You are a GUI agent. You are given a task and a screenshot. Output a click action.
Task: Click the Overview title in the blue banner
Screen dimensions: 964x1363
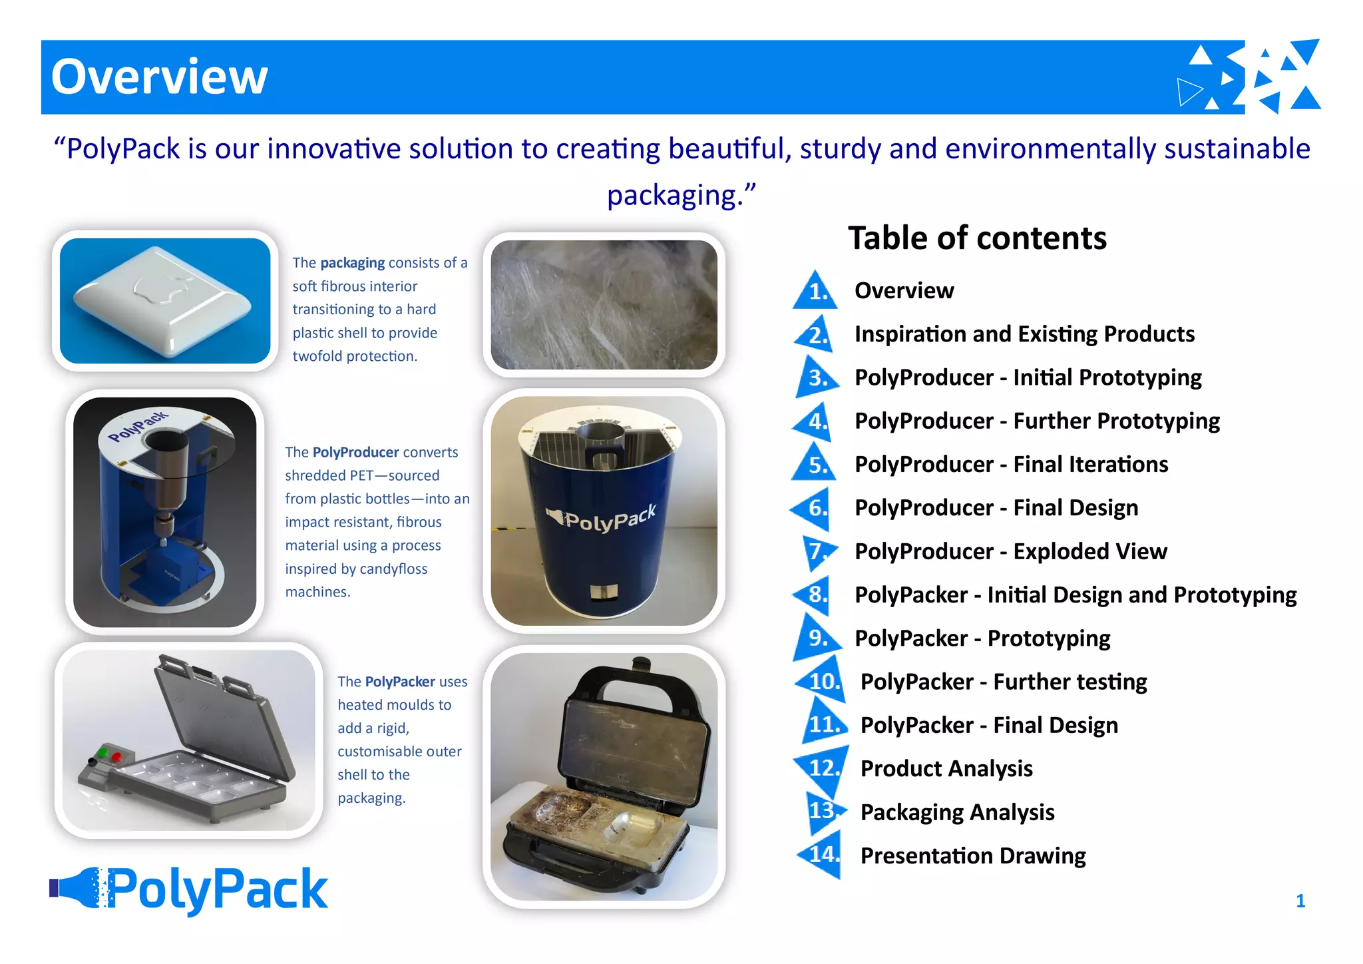159,77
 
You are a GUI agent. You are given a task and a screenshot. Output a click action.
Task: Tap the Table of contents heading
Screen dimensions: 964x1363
976,238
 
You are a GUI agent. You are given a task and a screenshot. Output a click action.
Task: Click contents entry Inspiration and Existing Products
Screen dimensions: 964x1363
1024,334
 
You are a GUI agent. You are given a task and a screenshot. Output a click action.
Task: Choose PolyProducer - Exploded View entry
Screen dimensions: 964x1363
1010,551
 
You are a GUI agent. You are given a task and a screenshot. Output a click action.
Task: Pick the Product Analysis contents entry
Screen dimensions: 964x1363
946,769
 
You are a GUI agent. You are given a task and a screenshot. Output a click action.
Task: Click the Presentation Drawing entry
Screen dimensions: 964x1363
972,855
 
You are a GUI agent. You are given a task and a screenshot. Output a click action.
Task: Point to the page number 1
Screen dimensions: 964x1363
1300,901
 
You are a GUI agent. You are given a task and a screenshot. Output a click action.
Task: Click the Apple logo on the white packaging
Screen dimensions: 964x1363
159,288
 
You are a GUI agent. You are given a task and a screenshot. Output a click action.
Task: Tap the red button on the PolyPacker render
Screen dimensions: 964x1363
116,757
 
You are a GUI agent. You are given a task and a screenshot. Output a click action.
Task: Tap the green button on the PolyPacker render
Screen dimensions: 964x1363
102,753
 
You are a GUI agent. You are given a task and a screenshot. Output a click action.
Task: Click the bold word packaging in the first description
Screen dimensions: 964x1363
352,263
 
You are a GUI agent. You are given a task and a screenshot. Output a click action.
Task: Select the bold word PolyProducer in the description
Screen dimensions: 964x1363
355,453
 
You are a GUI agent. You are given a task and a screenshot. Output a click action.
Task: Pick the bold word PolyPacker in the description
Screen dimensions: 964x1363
399,682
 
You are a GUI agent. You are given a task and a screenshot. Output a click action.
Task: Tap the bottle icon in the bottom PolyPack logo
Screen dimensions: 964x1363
78,887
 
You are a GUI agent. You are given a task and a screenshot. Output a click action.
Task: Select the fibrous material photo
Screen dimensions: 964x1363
604,305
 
